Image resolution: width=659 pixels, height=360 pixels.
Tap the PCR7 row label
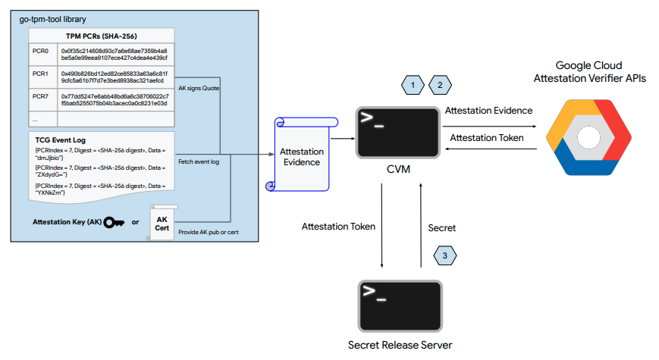point(40,97)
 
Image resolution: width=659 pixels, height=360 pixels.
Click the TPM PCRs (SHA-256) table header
point(102,36)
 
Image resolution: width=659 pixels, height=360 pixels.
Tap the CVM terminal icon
point(399,132)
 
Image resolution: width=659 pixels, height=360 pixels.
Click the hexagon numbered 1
point(413,86)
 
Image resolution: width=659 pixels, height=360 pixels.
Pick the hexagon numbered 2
point(440,86)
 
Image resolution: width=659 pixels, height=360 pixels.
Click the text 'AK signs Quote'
point(198,88)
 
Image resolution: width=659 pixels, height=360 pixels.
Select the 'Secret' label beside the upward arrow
point(442,227)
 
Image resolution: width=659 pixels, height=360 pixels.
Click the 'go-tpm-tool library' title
point(54,17)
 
